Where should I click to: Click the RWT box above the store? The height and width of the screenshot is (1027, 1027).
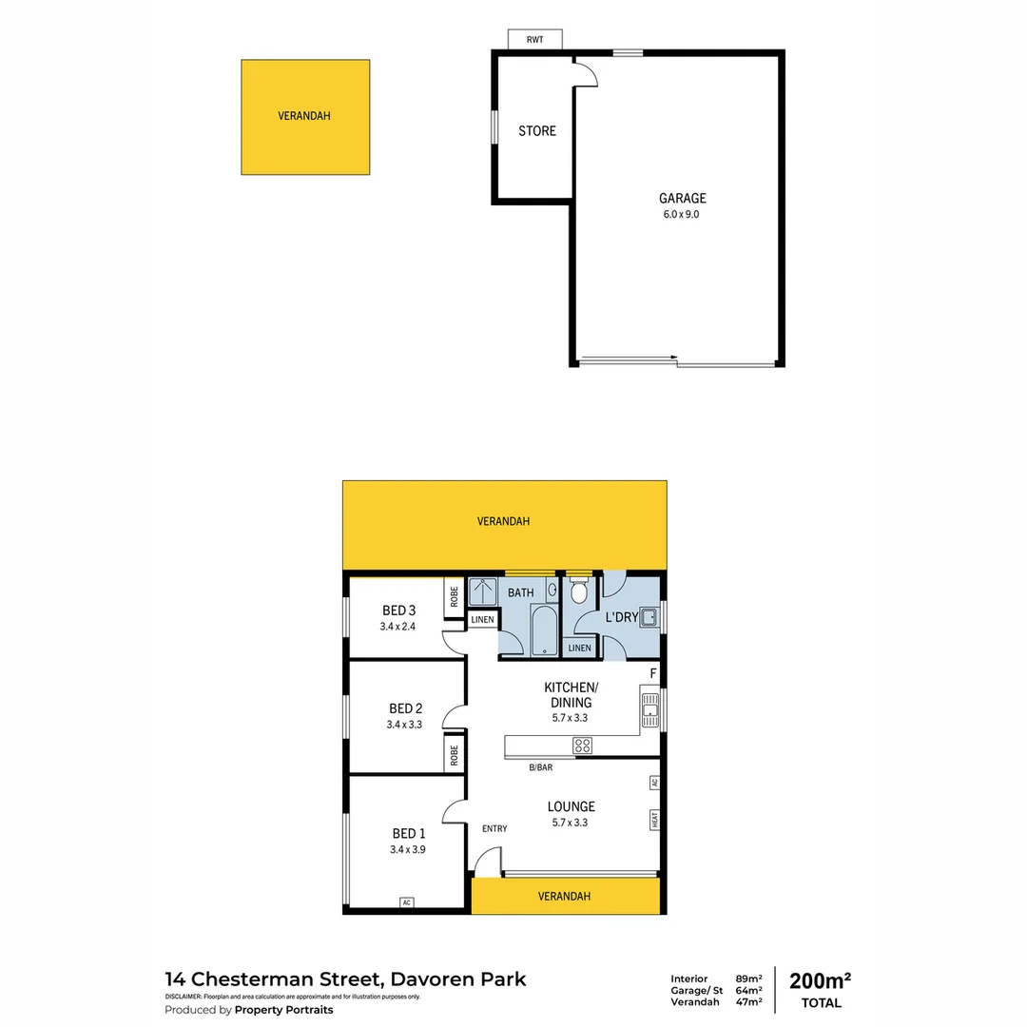click(535, 39)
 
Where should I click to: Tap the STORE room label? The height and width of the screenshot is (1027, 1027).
click(537, 131)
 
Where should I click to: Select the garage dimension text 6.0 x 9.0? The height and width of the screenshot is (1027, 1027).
click(683, 215)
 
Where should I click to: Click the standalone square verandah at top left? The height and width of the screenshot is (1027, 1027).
click(305, 117)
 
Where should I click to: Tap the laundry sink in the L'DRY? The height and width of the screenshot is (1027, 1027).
click(649, 617)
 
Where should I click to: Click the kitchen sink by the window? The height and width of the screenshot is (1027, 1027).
click(651, 710)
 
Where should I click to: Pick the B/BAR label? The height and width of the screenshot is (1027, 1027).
click(541, 767)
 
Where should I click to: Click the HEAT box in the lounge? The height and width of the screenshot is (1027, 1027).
click(654, 819)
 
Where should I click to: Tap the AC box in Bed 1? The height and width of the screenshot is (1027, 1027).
click(407, 902)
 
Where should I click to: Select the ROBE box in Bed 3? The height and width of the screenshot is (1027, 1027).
click(455, 596)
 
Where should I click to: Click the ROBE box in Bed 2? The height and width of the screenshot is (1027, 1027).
click(455, 755)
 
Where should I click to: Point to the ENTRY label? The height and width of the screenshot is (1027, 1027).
click(494, 828)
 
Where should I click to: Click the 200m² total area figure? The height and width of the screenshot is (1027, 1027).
click(820, 981)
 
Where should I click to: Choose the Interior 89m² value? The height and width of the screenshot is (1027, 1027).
click(749, 979)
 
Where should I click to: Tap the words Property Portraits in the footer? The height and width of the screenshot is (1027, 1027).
click(283, 1010)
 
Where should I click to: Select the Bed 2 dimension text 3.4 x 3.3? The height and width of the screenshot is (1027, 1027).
click(405, 725)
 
